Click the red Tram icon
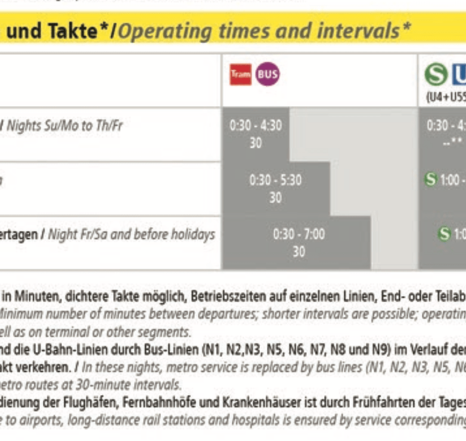pos(241,75)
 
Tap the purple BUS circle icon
pos(267,75)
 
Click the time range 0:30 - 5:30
pos(275,181)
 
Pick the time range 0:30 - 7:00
pos(299,234)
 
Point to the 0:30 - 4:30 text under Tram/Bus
pos(255,126)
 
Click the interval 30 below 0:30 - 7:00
pos(299,251)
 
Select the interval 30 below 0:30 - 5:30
pos(275,197)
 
